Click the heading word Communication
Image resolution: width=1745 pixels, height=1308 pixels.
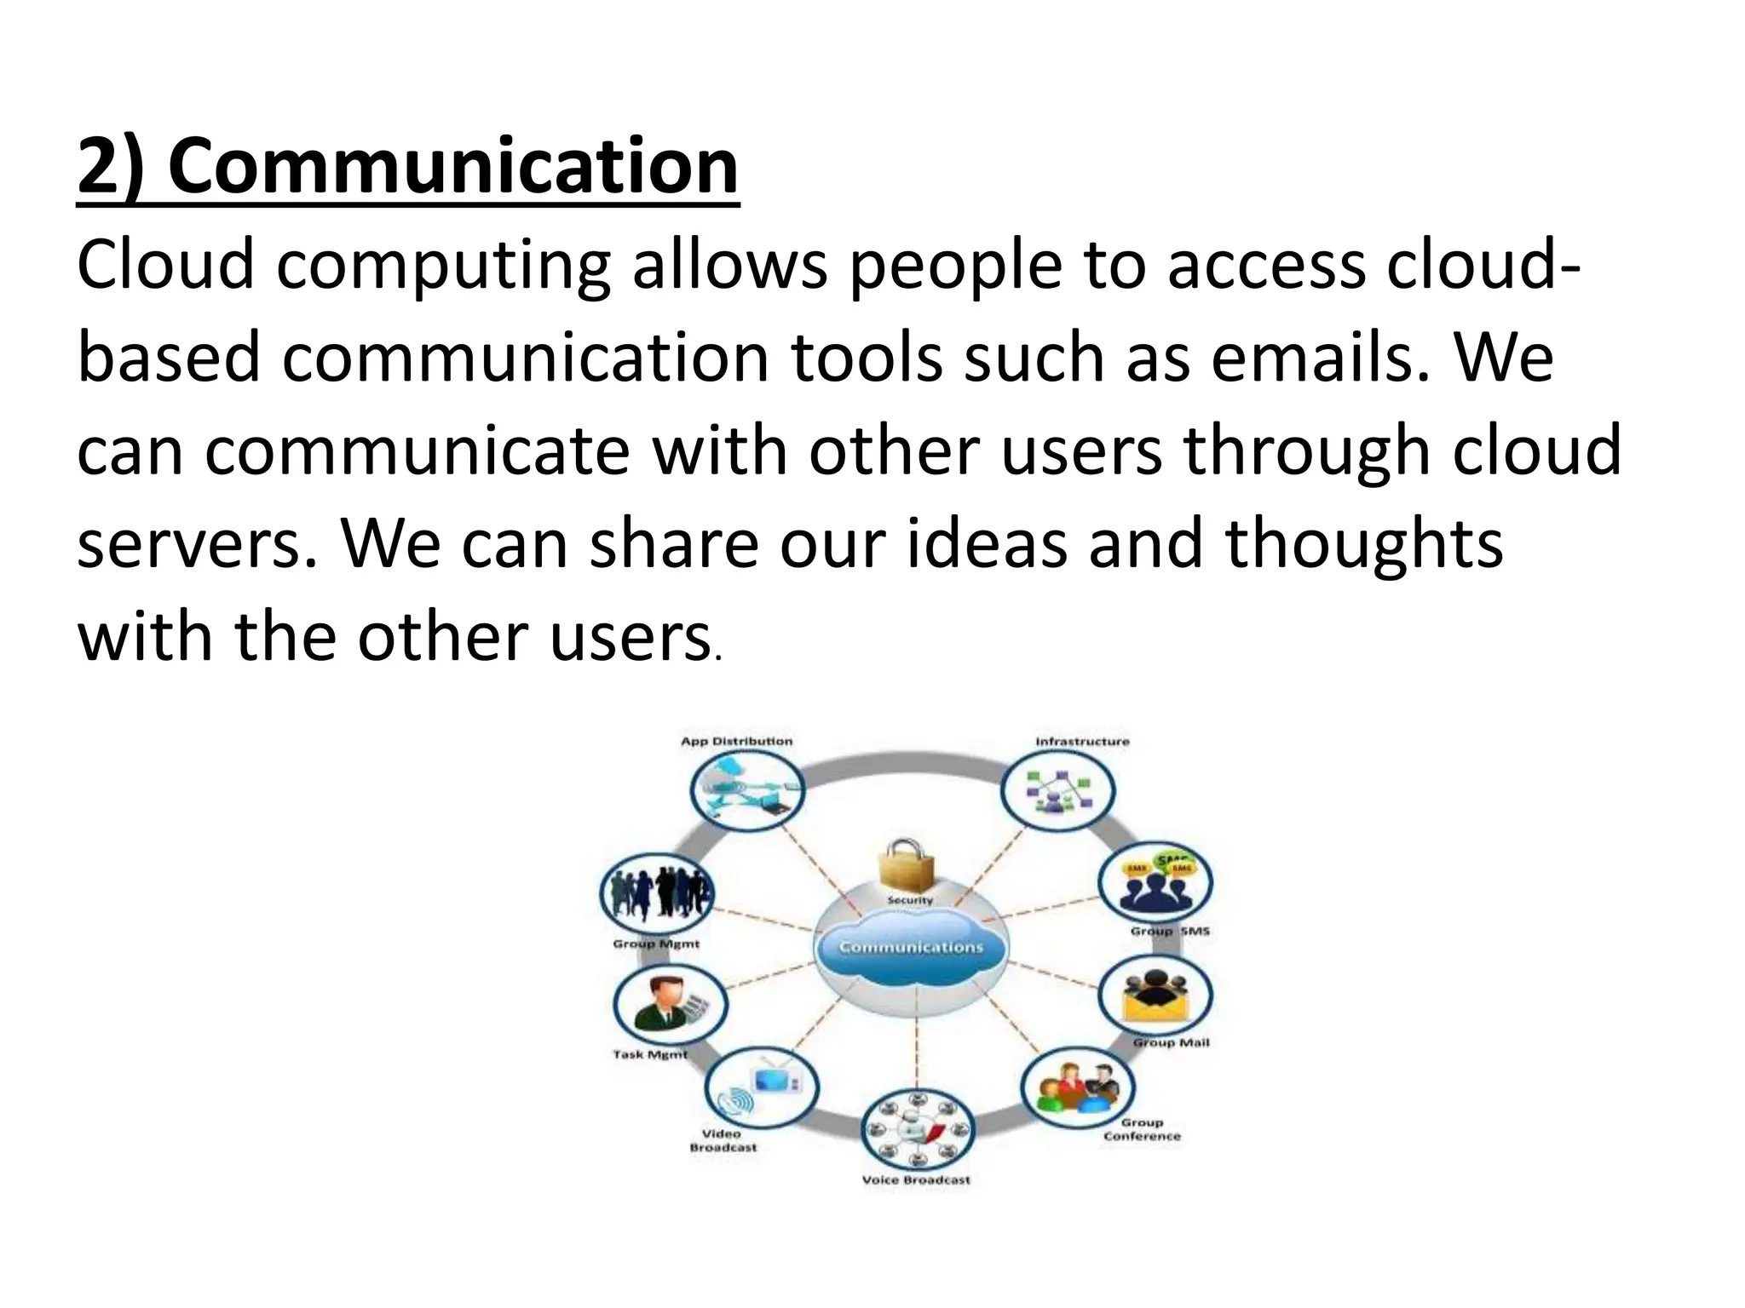pos(452,166)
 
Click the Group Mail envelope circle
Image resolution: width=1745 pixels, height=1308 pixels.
pos(1155,996)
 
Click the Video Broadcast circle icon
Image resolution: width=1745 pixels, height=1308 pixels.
pos(762,1087)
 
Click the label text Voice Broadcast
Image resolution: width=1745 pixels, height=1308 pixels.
pos(916,1180)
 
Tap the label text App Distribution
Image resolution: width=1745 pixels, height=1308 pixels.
pos(736,742)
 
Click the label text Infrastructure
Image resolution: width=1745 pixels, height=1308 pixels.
pos(1082,742)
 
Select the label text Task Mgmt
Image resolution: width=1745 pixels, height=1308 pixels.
pos(649,1055)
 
